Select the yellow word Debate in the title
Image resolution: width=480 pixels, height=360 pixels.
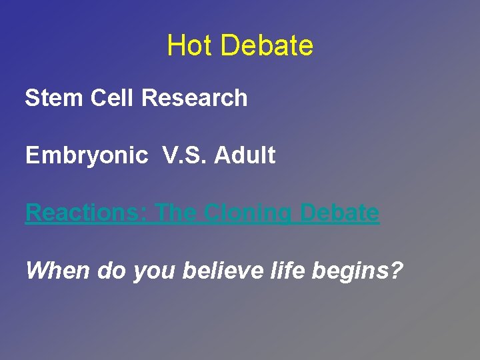[x=266, y=46]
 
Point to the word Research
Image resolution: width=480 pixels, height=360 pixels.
[x=195, y=98]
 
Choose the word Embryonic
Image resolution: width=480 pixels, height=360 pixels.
[x=87, y=155]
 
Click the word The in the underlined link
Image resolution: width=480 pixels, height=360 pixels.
[x=176, y=213]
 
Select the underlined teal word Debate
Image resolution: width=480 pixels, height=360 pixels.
[x=340, y=213]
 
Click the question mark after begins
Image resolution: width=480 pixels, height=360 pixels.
[x=397, y=271]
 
